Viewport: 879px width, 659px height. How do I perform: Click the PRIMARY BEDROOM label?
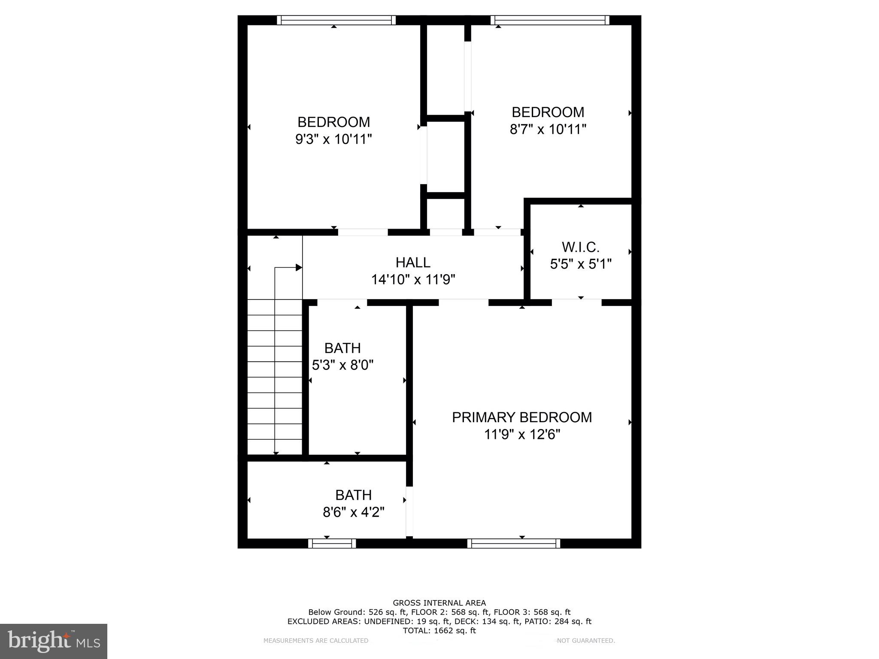click(521, 417)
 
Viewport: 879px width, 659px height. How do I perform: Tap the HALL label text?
click(413, 262)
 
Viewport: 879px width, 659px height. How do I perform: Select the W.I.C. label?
click(580, 247)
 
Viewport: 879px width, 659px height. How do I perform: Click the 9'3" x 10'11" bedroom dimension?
click(333, 139)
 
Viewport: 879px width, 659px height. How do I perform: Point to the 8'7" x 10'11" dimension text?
click(548, 129)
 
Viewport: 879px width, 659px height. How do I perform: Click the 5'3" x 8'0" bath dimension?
click(343, 365)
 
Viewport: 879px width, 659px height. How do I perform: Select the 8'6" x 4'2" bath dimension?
click(353, 512)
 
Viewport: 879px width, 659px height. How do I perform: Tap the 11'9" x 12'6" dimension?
click(522, 435)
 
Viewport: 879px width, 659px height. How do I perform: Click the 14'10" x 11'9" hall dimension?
click(413, 280)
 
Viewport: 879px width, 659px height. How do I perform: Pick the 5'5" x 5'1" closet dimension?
click(580, 264)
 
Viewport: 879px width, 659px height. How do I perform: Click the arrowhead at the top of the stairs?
click(299, 268)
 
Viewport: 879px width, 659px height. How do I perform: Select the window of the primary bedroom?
click(513, 544)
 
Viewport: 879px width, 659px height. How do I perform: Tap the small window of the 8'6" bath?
click(332, 544)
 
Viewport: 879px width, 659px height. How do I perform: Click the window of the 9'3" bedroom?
click(336, 20)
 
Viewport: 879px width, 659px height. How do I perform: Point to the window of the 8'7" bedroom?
click(550, 20)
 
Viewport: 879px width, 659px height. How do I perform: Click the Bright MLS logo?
click(54, 641)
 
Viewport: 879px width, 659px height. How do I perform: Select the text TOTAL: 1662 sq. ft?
click(439, 631)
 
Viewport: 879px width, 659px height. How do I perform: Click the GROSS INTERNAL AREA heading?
click(439, 603)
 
